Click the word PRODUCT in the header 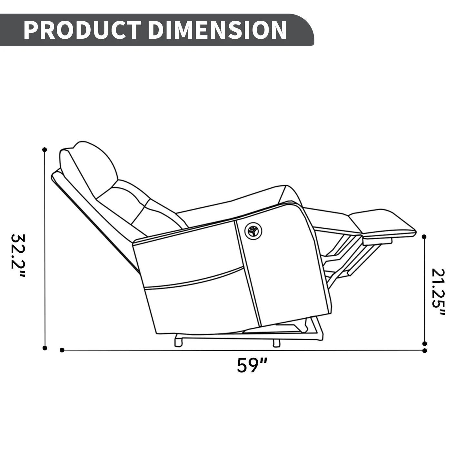[82, 30]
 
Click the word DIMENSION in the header [217, 30]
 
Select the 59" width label [252, 365]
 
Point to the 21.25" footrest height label [438, 292]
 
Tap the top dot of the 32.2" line [45, 150]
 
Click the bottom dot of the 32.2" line [45, 348]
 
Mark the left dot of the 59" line [62, 350]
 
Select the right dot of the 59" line [424, 351]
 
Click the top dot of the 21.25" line [424, 237]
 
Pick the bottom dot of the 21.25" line [424, 343]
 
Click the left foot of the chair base [178, 341]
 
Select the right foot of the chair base [276, 343]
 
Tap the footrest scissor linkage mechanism [342, 258]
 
